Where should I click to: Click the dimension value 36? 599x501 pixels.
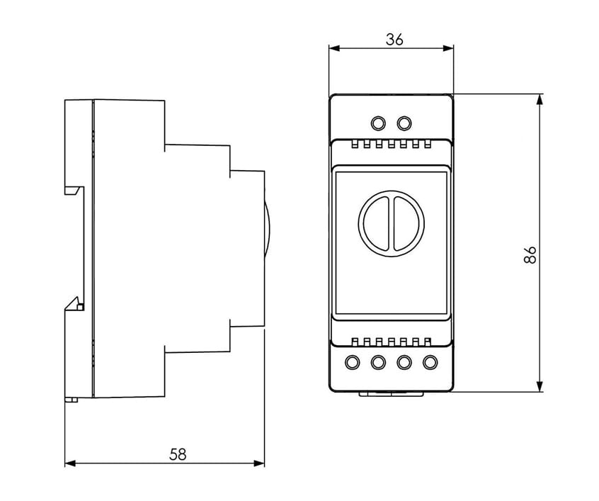(394, 40)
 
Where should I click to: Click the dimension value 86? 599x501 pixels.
(530, 255)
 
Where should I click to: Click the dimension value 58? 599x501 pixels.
(178, 454)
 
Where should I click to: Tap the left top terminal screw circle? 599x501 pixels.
(378, 123)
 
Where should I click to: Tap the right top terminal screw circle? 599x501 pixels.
(404, 123)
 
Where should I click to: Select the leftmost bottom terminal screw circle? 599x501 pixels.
(352, 362)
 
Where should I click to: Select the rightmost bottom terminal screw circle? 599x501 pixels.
(430, 362)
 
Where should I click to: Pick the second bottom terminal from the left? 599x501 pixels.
(378, 362)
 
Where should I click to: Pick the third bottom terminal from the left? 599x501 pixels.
(404, 362)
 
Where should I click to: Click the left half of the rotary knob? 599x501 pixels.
(376, 224)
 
